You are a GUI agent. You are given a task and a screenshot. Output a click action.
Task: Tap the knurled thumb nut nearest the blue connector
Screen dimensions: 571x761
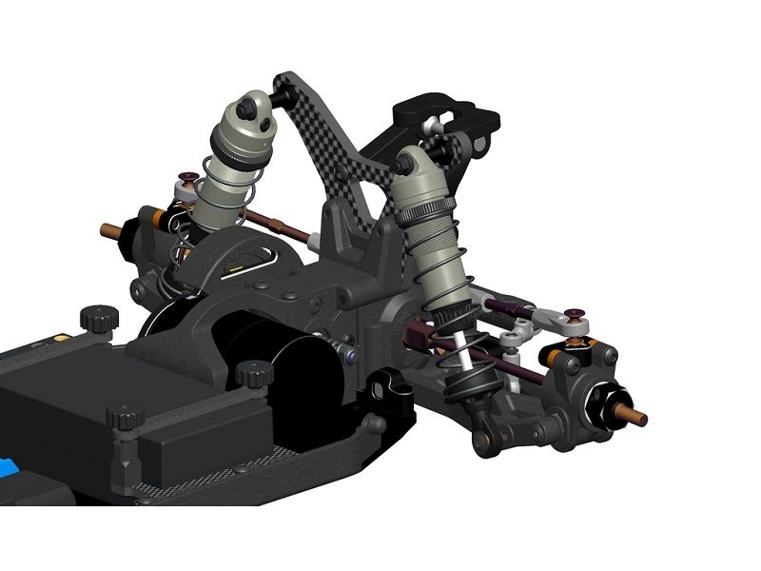[x=125, y=419]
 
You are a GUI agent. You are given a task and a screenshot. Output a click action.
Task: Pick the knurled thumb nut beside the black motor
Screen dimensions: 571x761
[x=252, y=374]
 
